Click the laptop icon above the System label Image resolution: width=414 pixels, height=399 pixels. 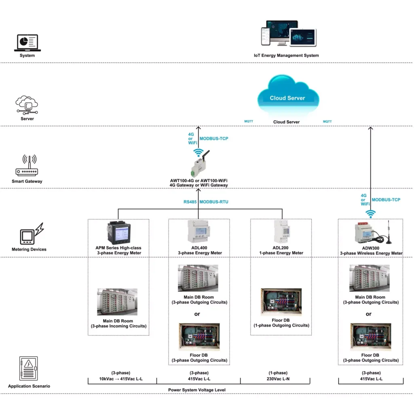(x=27, y=43)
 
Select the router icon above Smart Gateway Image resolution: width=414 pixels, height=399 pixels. (x=27, y=165)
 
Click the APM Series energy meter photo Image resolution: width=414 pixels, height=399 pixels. (x=119, y=232)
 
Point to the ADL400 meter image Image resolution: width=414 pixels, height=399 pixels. (x=199, y=231)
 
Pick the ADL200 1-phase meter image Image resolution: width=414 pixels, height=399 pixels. (x=281, y=232)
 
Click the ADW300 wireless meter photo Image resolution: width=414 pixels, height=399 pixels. (x=373, y=232)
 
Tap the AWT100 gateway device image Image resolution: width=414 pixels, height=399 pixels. (x=200, y=163)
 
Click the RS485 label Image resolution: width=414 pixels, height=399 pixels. (x=190, y=202)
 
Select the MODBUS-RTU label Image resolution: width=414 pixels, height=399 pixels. (x=214, y=202)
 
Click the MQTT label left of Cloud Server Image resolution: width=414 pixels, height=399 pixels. (x=249, y=121)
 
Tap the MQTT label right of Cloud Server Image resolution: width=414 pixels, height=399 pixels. (x=327, y=121)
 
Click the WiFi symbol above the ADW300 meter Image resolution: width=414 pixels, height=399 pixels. (x=370, y=213)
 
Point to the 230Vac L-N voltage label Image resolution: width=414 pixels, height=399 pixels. (x=278, y=379)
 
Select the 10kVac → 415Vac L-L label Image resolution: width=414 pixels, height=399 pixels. (x=120, y=379)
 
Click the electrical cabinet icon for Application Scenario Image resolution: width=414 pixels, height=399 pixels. (x=29, y=368)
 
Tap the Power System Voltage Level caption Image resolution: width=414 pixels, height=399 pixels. (x=197, y=390)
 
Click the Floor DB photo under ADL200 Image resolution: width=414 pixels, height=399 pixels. (x=281, y=302)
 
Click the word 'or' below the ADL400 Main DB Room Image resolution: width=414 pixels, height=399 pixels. (x=197, y=314)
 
